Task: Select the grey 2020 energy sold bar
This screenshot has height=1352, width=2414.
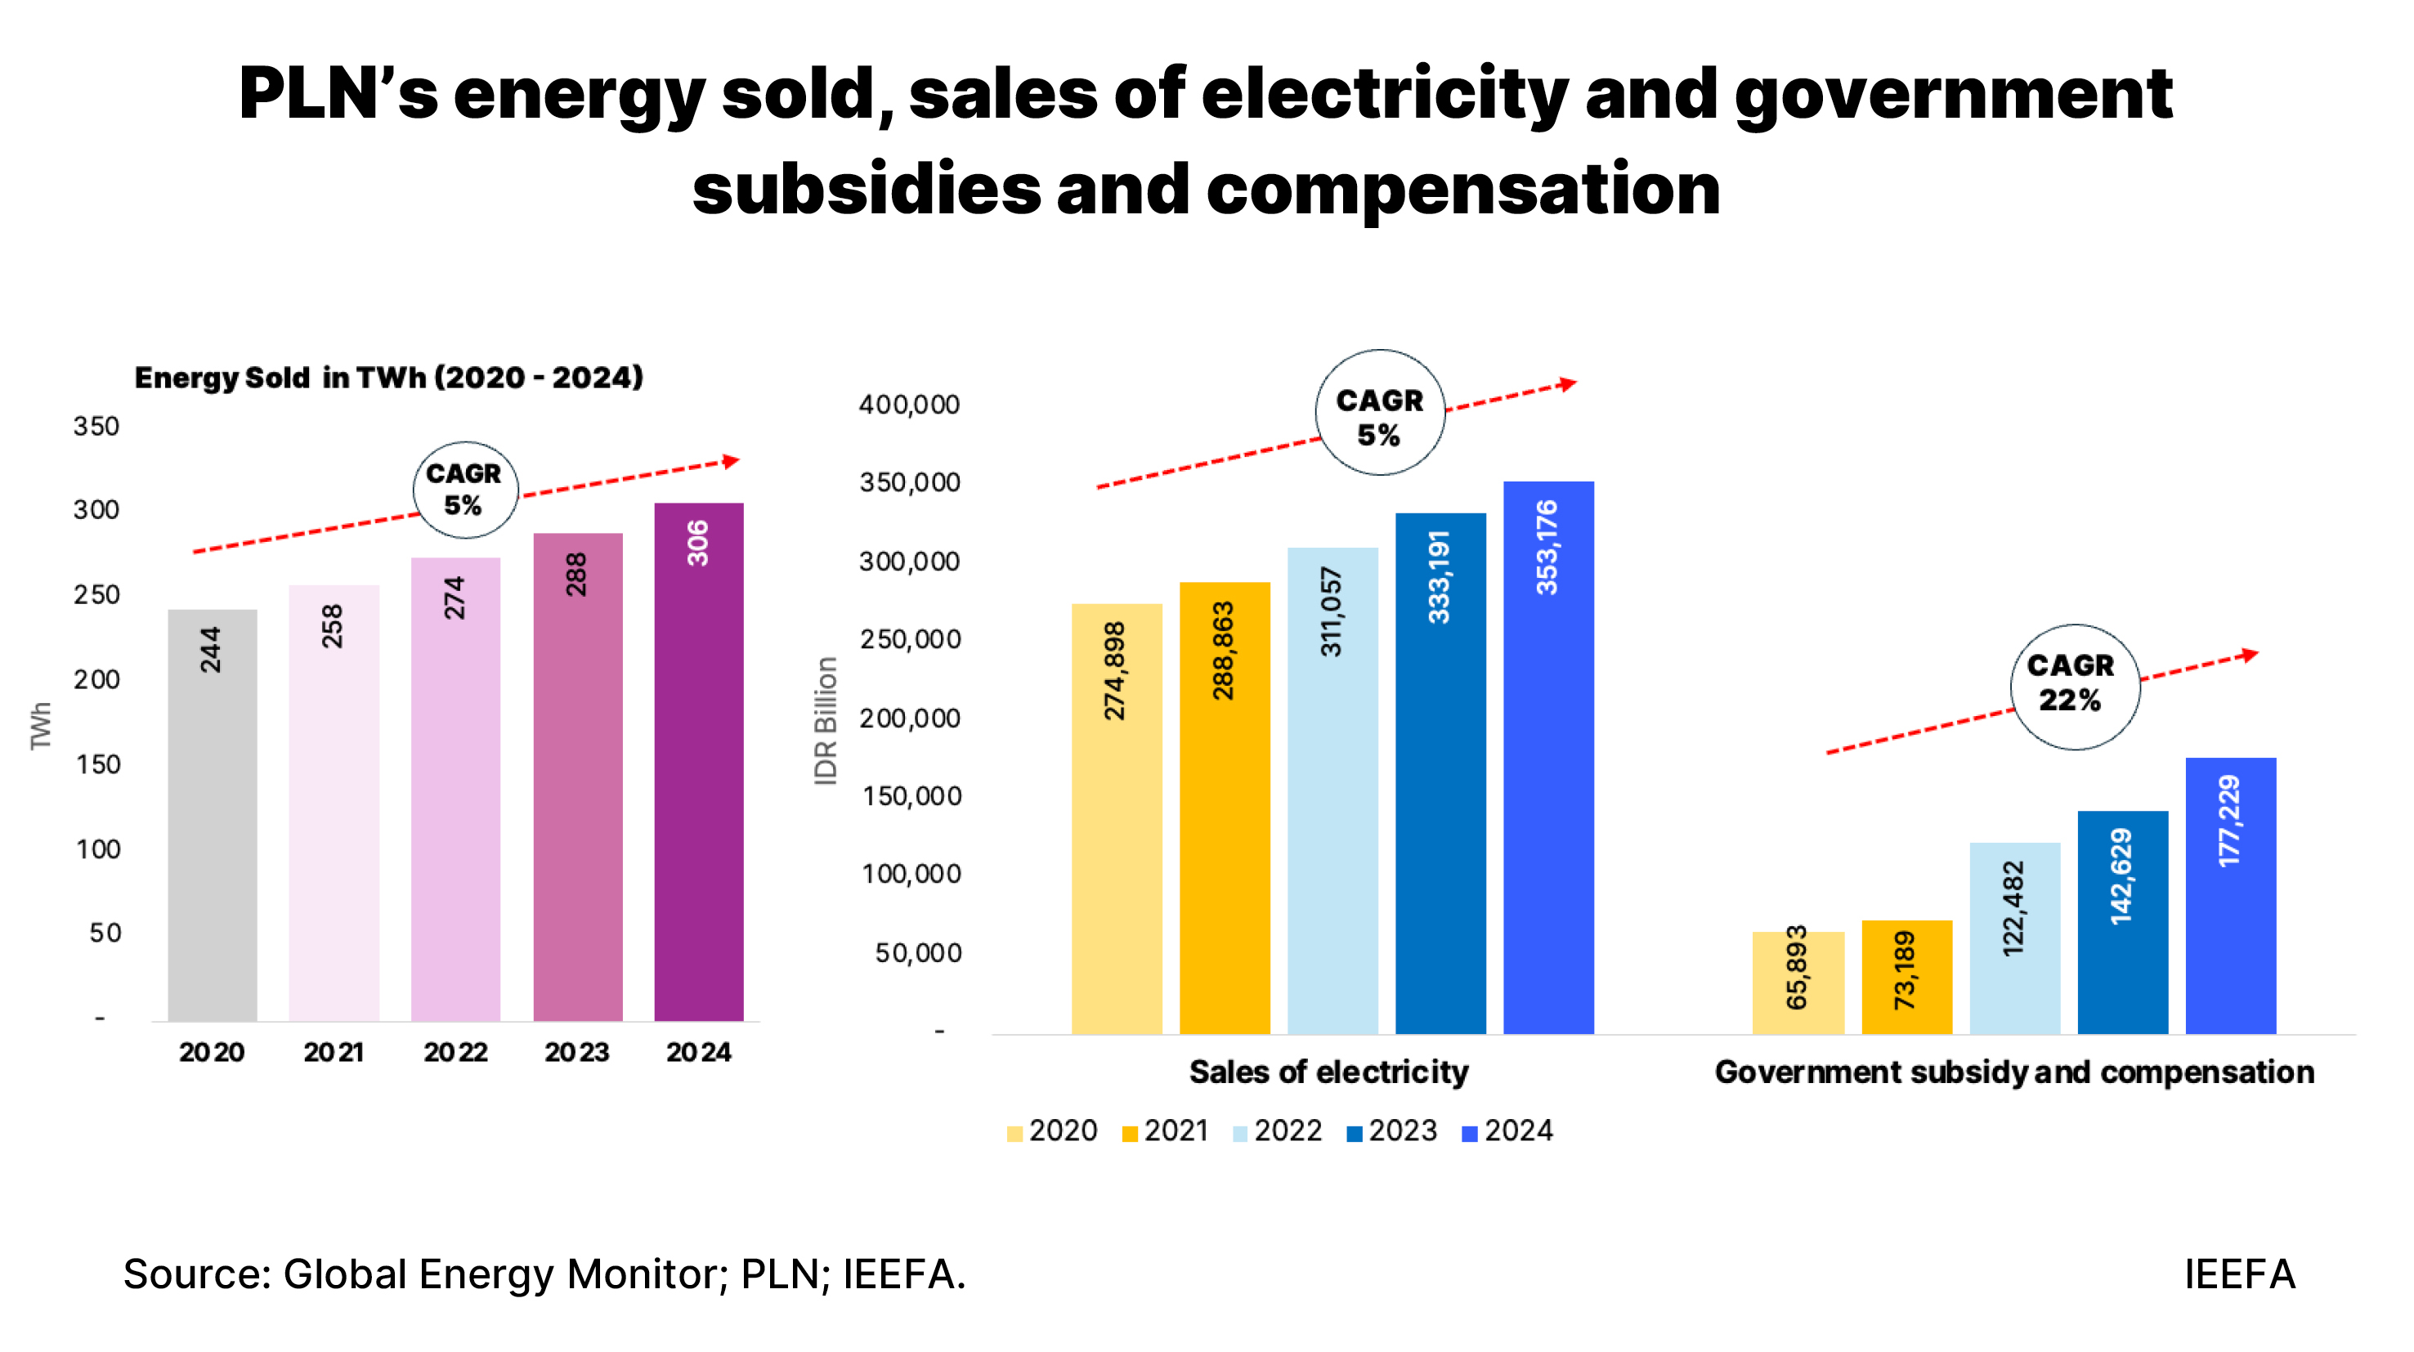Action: point(212,814)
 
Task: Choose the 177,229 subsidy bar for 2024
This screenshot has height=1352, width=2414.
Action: point(2229,895)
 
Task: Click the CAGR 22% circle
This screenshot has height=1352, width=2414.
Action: point(2074,686)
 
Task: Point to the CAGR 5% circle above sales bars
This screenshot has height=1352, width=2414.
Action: point(1378,413)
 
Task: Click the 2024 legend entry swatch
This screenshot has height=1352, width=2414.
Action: point(1468,1133)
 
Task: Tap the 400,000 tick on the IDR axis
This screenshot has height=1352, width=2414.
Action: point(908,405)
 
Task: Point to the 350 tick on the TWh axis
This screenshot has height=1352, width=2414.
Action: point(96,427)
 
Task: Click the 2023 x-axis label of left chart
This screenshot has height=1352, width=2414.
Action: point(576,1052)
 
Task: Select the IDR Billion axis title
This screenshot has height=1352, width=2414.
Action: point(825,719)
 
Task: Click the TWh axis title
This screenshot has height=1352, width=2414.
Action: point(40,725)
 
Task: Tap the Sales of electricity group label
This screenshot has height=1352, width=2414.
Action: point(1328,1072)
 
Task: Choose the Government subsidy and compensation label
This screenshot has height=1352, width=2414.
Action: point(2014,1072)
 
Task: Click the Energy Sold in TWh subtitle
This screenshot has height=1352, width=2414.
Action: point(389,378)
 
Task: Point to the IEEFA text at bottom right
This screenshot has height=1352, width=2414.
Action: point(2239,1274)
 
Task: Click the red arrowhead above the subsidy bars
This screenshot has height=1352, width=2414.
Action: point(2249,654)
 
